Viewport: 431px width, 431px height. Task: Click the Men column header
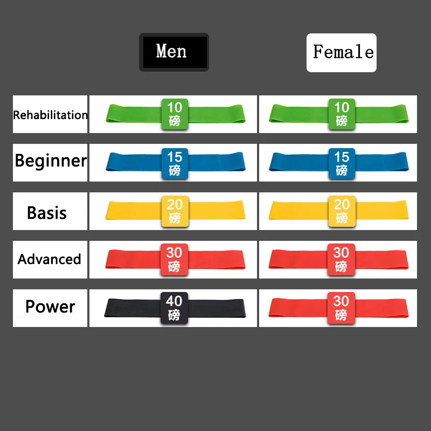click(173, 52)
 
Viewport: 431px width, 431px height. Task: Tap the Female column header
click(342, 52)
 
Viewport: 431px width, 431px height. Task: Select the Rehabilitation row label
click(50, 115)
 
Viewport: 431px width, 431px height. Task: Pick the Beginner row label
click(51, 161)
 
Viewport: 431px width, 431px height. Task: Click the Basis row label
click(47, 213)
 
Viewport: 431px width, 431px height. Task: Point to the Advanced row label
click(49, 259)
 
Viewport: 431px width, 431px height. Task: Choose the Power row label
click(50, 307)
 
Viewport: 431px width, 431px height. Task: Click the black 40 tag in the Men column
click(174, 308)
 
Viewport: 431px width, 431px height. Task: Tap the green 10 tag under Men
click(175, 114)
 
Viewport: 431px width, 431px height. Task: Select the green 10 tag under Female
click(342, 114)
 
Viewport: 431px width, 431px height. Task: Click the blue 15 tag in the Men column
click(175, 164)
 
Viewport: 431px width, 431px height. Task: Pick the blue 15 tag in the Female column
click(342, 164)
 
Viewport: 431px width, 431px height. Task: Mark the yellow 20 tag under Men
click(175, 211)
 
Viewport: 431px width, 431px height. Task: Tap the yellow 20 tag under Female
click(342, 211)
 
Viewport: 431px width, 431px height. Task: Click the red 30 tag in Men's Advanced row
click(174, 260)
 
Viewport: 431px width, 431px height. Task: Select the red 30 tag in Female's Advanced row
click(341, 260)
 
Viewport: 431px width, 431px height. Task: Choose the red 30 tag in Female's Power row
click(341, 308)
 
